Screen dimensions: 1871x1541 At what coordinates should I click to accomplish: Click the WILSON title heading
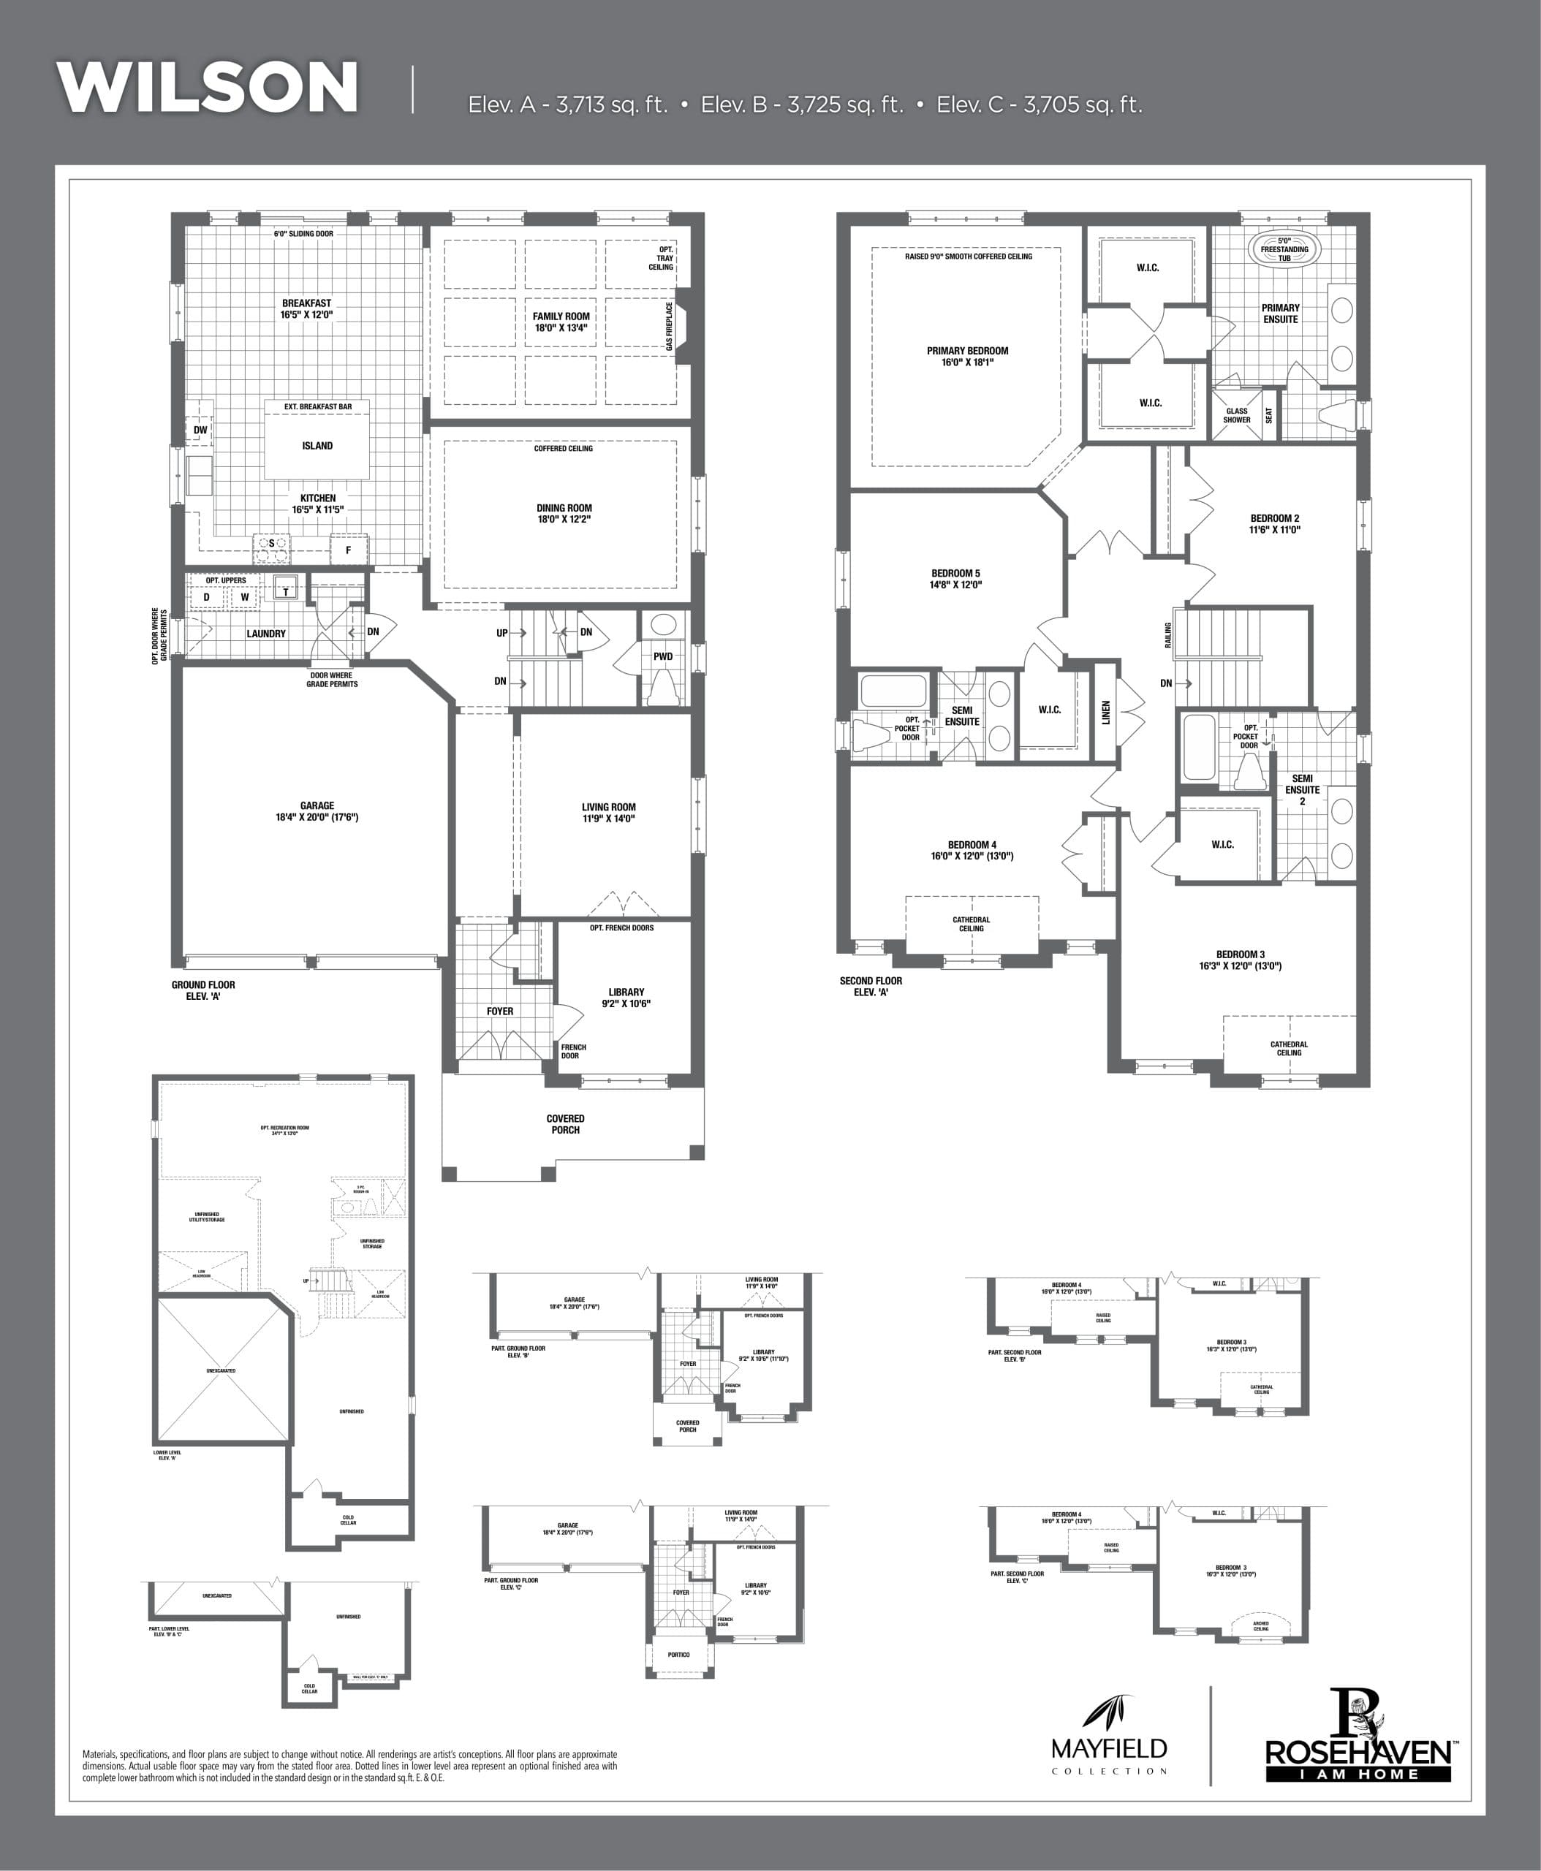(208, 87)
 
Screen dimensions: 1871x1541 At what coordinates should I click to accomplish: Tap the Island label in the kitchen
(317, 446)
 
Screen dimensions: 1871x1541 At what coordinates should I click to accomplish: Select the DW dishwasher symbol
(200, 430)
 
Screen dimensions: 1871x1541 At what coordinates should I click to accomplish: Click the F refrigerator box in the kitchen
(348, 550)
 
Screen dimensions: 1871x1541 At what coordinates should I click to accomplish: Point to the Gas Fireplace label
(670, 327)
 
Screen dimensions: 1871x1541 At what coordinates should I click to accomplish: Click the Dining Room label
(564, 514)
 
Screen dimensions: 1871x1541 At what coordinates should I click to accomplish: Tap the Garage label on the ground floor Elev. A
(317, 811)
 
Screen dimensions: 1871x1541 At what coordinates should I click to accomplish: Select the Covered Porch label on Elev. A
(566, 1123)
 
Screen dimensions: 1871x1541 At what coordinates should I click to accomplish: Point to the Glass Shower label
(1237, 415)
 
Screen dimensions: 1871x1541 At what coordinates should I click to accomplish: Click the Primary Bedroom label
(968, 356)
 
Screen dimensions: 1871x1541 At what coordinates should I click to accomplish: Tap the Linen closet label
(1106, 712)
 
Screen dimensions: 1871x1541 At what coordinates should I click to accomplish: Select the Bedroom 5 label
(956, 579)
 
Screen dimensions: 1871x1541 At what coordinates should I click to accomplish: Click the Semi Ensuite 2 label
(1302, 790)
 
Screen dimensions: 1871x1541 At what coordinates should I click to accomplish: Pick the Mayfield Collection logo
(1109, 1746)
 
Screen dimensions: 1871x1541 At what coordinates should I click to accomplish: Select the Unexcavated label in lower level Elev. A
(221, 1370)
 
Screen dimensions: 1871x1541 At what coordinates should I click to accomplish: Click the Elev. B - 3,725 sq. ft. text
(801, 105)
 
